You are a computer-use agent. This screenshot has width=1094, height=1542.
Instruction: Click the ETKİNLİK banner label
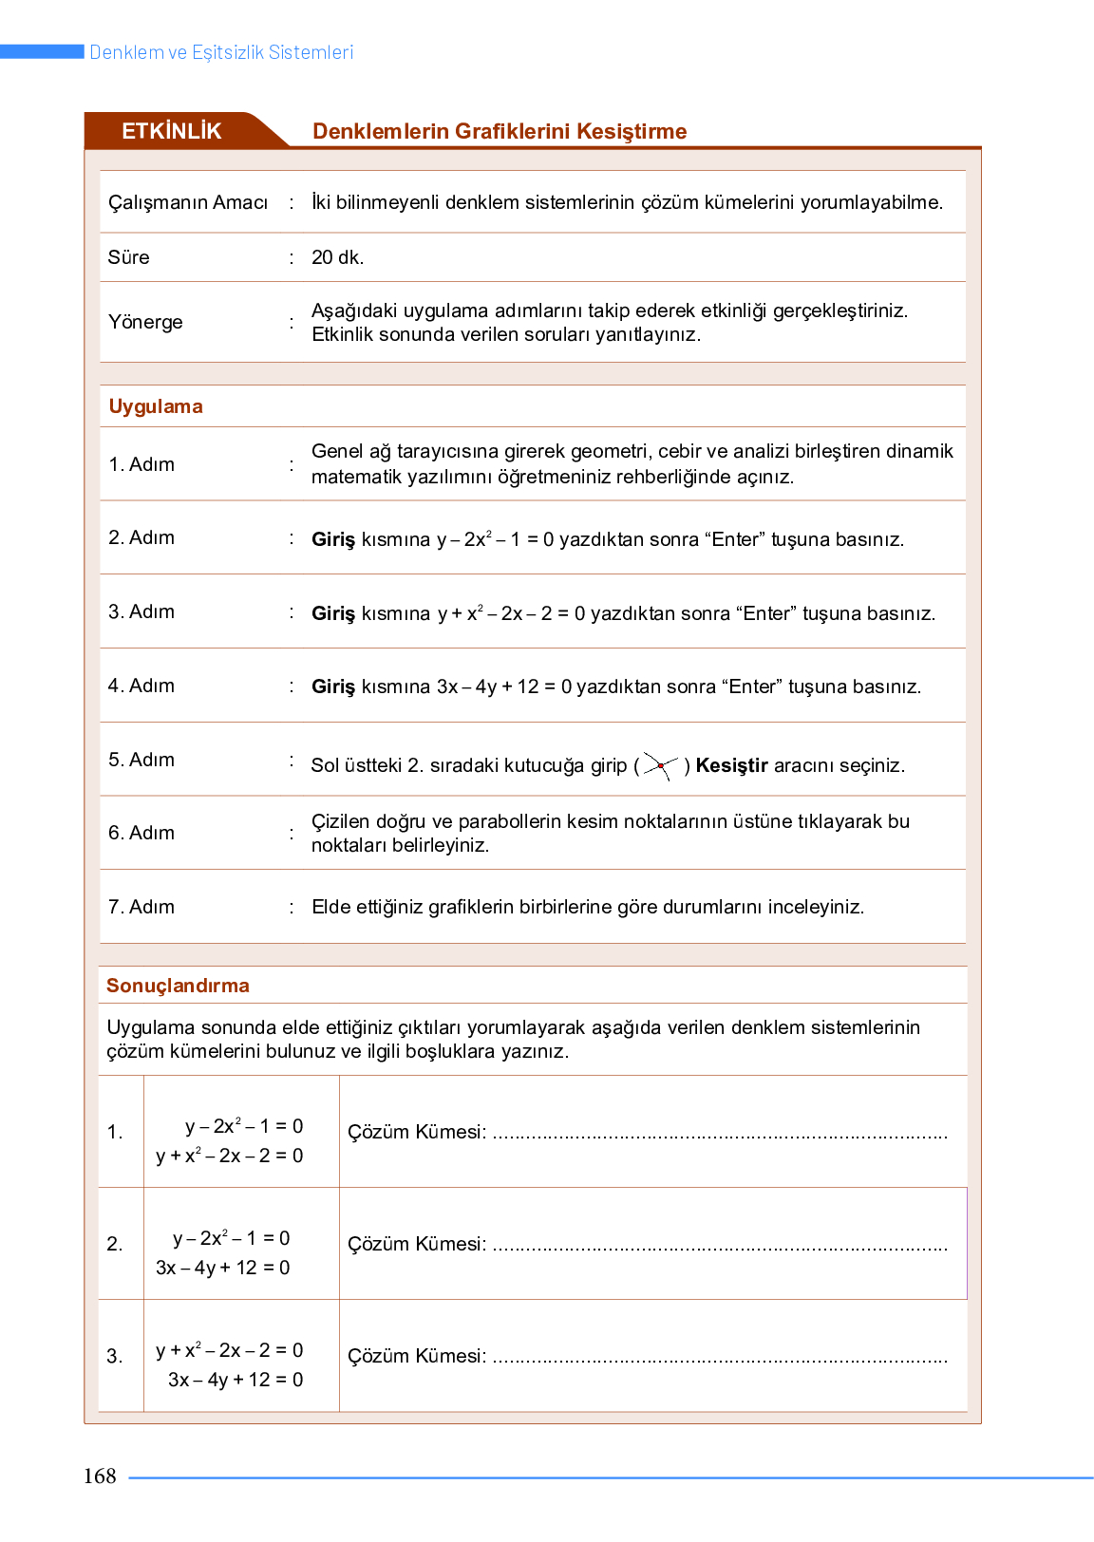click(171, 131)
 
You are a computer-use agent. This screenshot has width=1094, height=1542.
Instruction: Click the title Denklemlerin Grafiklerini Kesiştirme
click(500, 131)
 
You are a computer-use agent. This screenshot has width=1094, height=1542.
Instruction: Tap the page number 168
click(100, 1476)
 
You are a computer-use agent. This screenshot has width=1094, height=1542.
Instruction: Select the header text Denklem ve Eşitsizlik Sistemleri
click(221, 52)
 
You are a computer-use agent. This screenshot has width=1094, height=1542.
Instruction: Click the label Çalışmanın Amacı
click(188, 202)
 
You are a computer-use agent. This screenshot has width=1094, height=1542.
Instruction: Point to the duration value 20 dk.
click(337, 257)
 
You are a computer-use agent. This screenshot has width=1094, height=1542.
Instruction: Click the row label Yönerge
click(145, 322)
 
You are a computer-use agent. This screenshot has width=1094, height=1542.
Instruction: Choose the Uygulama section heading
click(156, 406)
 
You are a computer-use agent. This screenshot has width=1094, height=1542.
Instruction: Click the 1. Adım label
click(141, 464)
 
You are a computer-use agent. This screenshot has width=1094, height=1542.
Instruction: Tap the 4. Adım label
click(141, 686)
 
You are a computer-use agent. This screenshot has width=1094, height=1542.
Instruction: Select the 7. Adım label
click(141, 907)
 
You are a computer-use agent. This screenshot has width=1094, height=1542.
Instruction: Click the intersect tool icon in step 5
click(660, 765)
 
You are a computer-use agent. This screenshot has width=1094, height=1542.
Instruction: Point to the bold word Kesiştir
click(731, 765)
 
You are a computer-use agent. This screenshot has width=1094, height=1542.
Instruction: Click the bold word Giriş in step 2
click(333, 539)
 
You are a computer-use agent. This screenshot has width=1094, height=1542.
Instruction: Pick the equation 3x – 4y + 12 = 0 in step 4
click(504, 686)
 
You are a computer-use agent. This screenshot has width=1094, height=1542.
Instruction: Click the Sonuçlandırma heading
click(178, 986)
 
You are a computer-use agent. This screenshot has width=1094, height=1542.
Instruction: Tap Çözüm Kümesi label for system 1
click(417, 1132)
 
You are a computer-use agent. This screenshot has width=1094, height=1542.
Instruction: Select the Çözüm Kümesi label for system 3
click(417, 1356)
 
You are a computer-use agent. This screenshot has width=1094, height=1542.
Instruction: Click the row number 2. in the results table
click(115, 1244)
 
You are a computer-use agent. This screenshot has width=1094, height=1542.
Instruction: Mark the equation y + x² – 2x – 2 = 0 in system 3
click(230, 1350)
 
